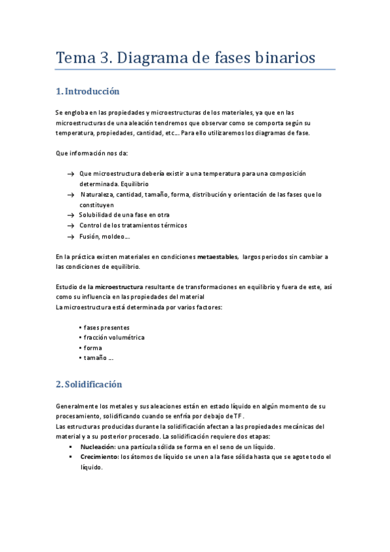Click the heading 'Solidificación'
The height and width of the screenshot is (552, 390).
tap(94, 384)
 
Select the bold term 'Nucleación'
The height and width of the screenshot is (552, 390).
tap(97, 447)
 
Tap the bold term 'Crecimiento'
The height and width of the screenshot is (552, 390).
tap(100, 457)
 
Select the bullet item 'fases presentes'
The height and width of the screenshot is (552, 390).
tap(106, 327)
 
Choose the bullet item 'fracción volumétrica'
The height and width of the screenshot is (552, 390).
tap(113, 337)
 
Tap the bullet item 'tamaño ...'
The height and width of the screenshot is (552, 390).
tap(98, 358)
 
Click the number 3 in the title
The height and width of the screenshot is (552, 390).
tap(104, 58)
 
